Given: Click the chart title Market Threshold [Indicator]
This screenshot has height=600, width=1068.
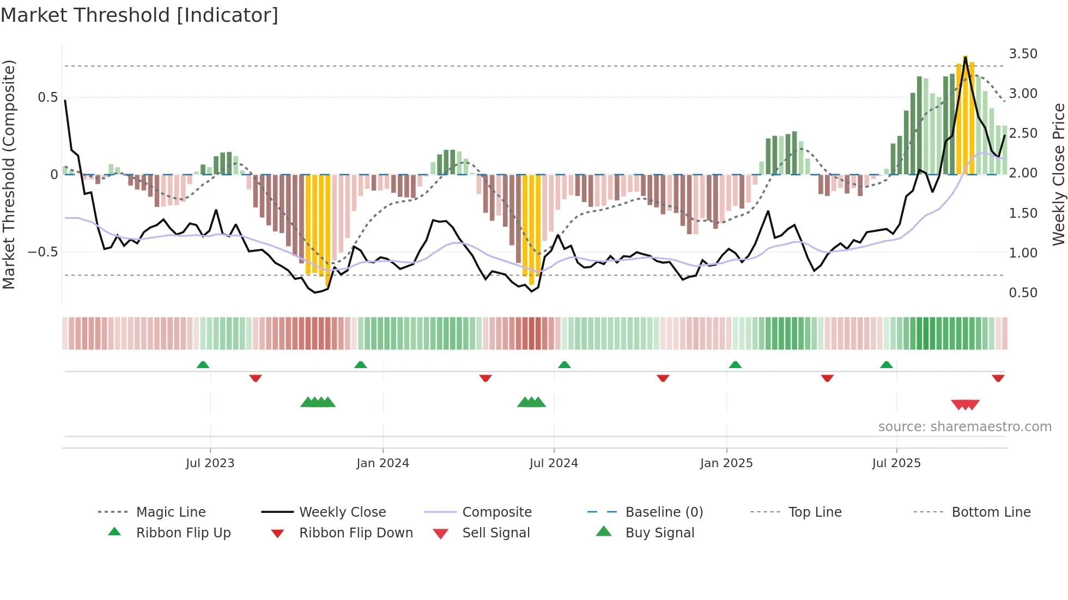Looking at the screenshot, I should pyautogui.click(x=139, y=15).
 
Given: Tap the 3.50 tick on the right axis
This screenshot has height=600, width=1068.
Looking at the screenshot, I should pyautogui.click(x=1023, y=54).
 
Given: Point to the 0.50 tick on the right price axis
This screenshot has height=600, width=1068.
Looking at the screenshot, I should pyautogui.click(x=1023, y=293).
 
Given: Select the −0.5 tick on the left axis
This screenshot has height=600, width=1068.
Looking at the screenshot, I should pyautogui.click(x=43, y=252).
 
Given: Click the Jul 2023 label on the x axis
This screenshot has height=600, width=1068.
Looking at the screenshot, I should pyautogui.click(x=210, y=463).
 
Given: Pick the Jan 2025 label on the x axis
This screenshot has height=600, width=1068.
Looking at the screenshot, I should pyautogui.click(x=726, y=463).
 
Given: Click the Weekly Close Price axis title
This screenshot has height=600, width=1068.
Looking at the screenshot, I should pyautogui.click(x=1058, y=174).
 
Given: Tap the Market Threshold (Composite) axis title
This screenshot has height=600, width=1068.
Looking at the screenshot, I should pyautogui.click(x=9, y=174).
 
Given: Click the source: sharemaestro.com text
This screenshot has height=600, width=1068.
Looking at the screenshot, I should pyautogui.click(x=964, y=427).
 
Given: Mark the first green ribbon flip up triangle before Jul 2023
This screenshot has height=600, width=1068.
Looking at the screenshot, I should pyautogui.click(x=203, y=365).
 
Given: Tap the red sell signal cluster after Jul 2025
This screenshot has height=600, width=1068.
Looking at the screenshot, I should pyautogui.click(x=965, y=405).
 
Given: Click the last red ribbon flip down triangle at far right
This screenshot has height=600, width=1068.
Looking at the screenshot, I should pyautogui.click(x=998, y=378).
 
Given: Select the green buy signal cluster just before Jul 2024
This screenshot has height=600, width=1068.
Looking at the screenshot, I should pyautogui.click(x=531, y=402).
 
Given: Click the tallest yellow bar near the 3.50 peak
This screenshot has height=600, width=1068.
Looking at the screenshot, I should pyautogui.click(x=965, y=114).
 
